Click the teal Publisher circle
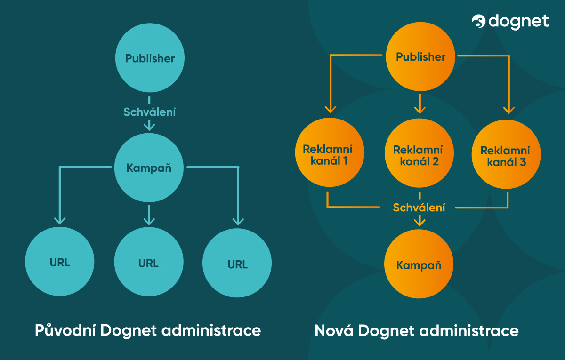click(x=150, y=58)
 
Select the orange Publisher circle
click(x=420, y=57)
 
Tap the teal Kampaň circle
click(x=149, y=168)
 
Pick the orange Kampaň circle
click(x=419, y=265)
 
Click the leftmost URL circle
click(x=60, y=262)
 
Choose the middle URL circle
click(x=149, y=263)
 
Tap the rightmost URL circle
click(x=237, y=264)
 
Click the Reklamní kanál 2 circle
click(x=418, y=155)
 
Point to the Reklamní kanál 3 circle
click(x=506, y=157)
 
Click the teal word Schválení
click(x=149, y=112)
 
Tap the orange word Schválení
click(x=419, y=208)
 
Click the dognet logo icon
click(x=479, y=22)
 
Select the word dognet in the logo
click(x=519, y=21)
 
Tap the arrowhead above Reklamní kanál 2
click(x=419, y=110)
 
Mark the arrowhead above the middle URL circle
click(x=149, y=220)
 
